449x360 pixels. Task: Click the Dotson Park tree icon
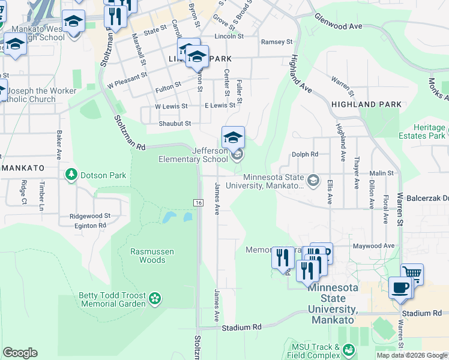[x=71, y=174]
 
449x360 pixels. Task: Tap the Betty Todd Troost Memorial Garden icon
[x=155, y=298]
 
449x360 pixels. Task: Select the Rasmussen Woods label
[x=148, y=256]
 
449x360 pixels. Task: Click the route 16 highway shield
[x=198, y=203]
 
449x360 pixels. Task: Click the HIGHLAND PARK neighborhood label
[x=366, y=104]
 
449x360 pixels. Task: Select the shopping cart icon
[x=412, y=274]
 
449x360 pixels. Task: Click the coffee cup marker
[x=400, y=286]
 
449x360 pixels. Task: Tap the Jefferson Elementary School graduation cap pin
[x=233, y=137]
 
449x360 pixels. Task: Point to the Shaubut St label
[x=175, y=124]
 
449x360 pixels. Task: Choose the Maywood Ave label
[x=374, y=245]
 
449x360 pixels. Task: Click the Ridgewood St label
[x=90, y=215]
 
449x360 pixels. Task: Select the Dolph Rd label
[x=304, y=154]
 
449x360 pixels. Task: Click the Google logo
[x=20, y=352]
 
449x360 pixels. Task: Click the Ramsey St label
[x=277, y=42]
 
